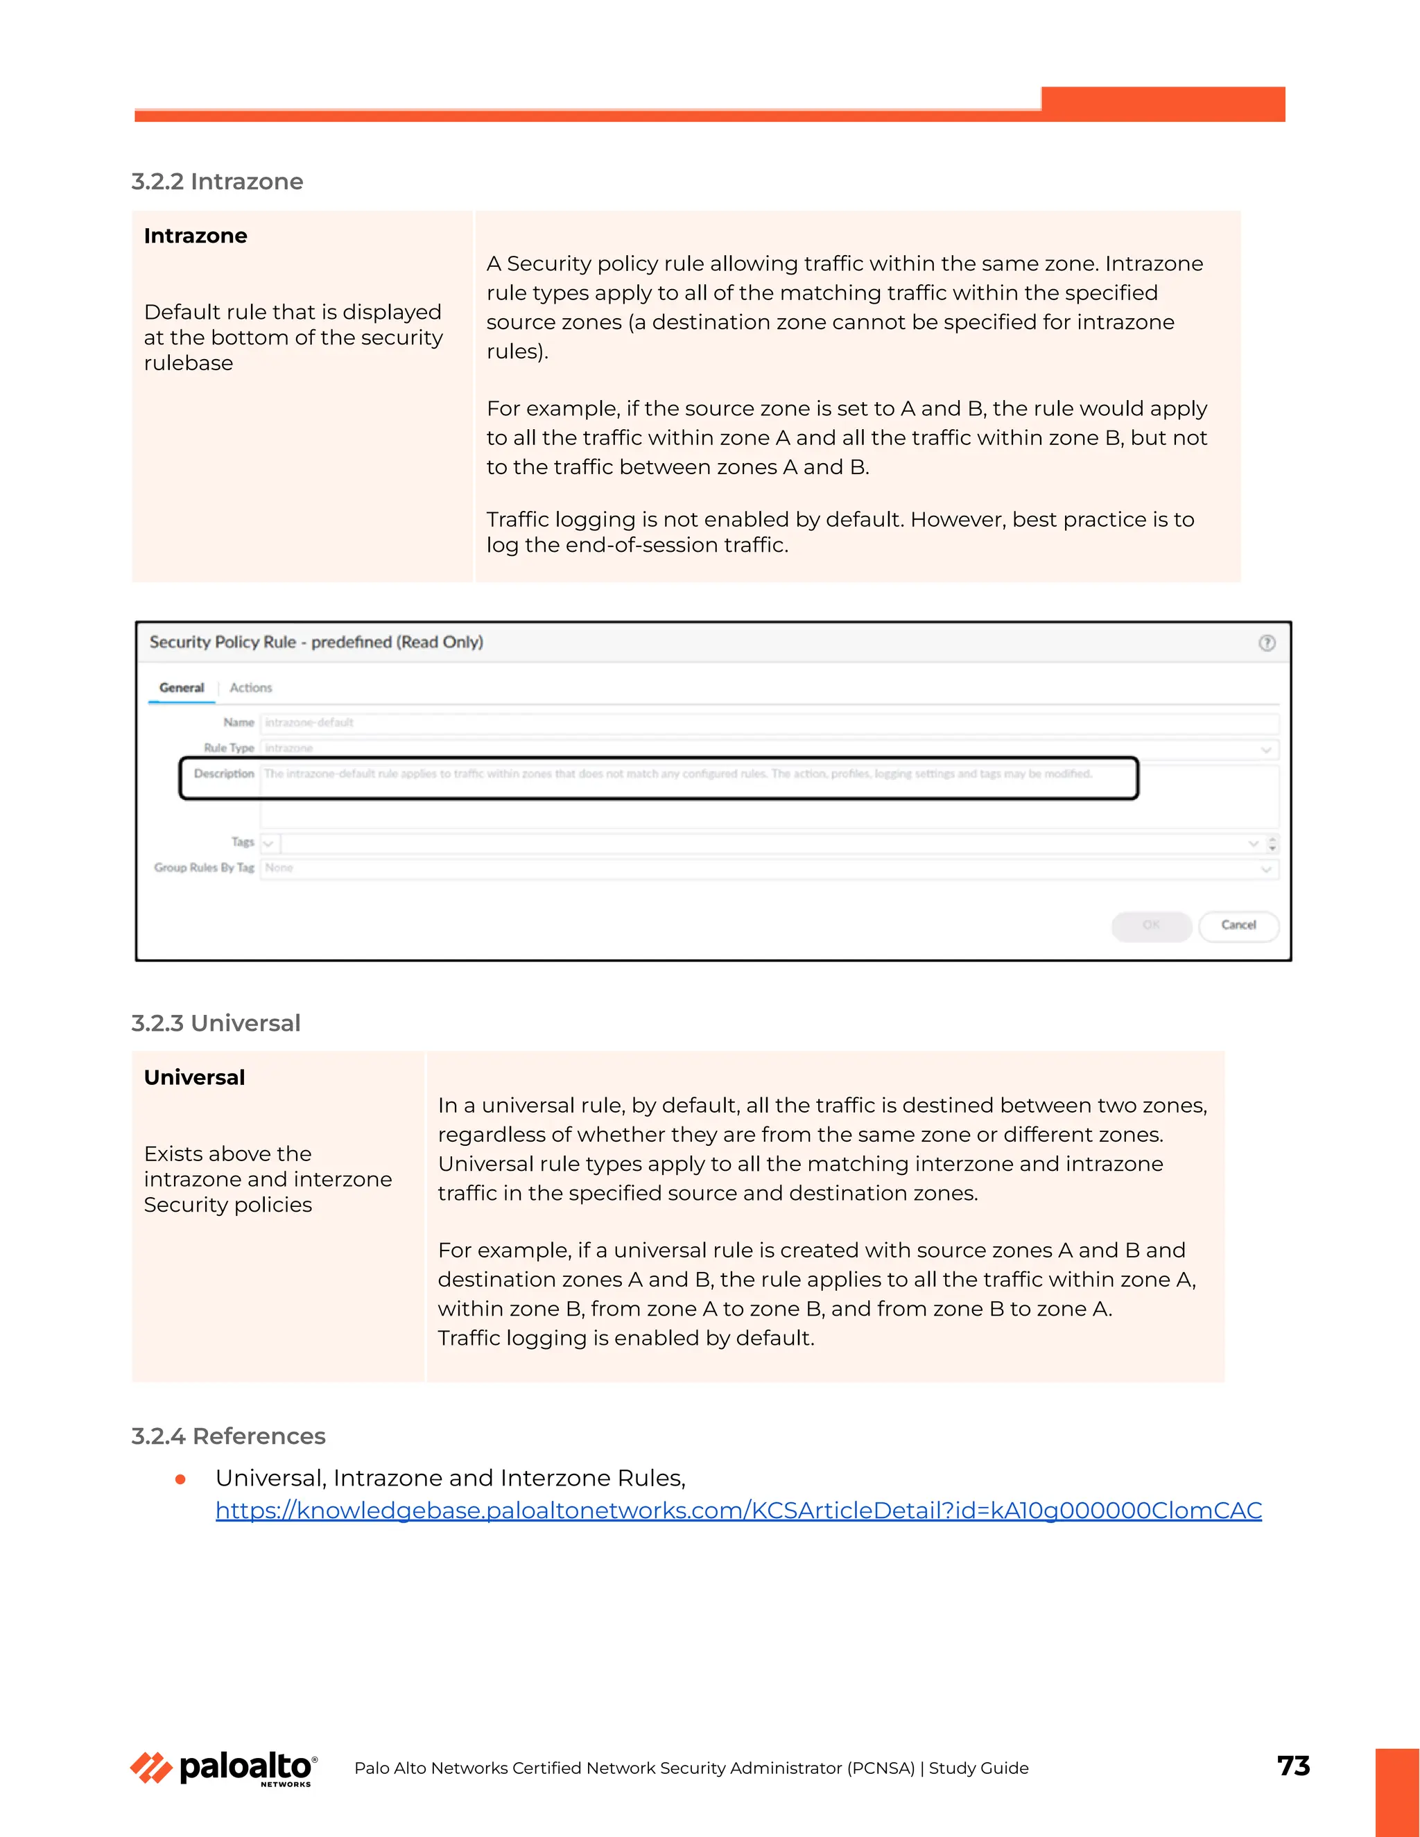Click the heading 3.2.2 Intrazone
coord(217,182)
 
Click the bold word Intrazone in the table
coord(195,236)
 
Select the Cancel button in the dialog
coord(1238,925)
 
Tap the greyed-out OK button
coord(1150,925)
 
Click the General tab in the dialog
coord(182,688)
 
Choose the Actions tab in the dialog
coord(251,688)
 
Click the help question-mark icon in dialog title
coord(1266,643)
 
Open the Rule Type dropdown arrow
coord(1265,749)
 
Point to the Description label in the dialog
coord(224,774)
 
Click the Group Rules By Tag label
coord(204,868)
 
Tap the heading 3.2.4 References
coord(228,1436)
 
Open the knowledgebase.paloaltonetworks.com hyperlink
coord(738,1510)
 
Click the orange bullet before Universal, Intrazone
coord(180,1479)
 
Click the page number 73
coord(1293,1766)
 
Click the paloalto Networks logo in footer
coord(224,1768)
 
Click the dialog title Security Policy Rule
coord(315,643)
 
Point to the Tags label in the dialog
coord(242,842)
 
